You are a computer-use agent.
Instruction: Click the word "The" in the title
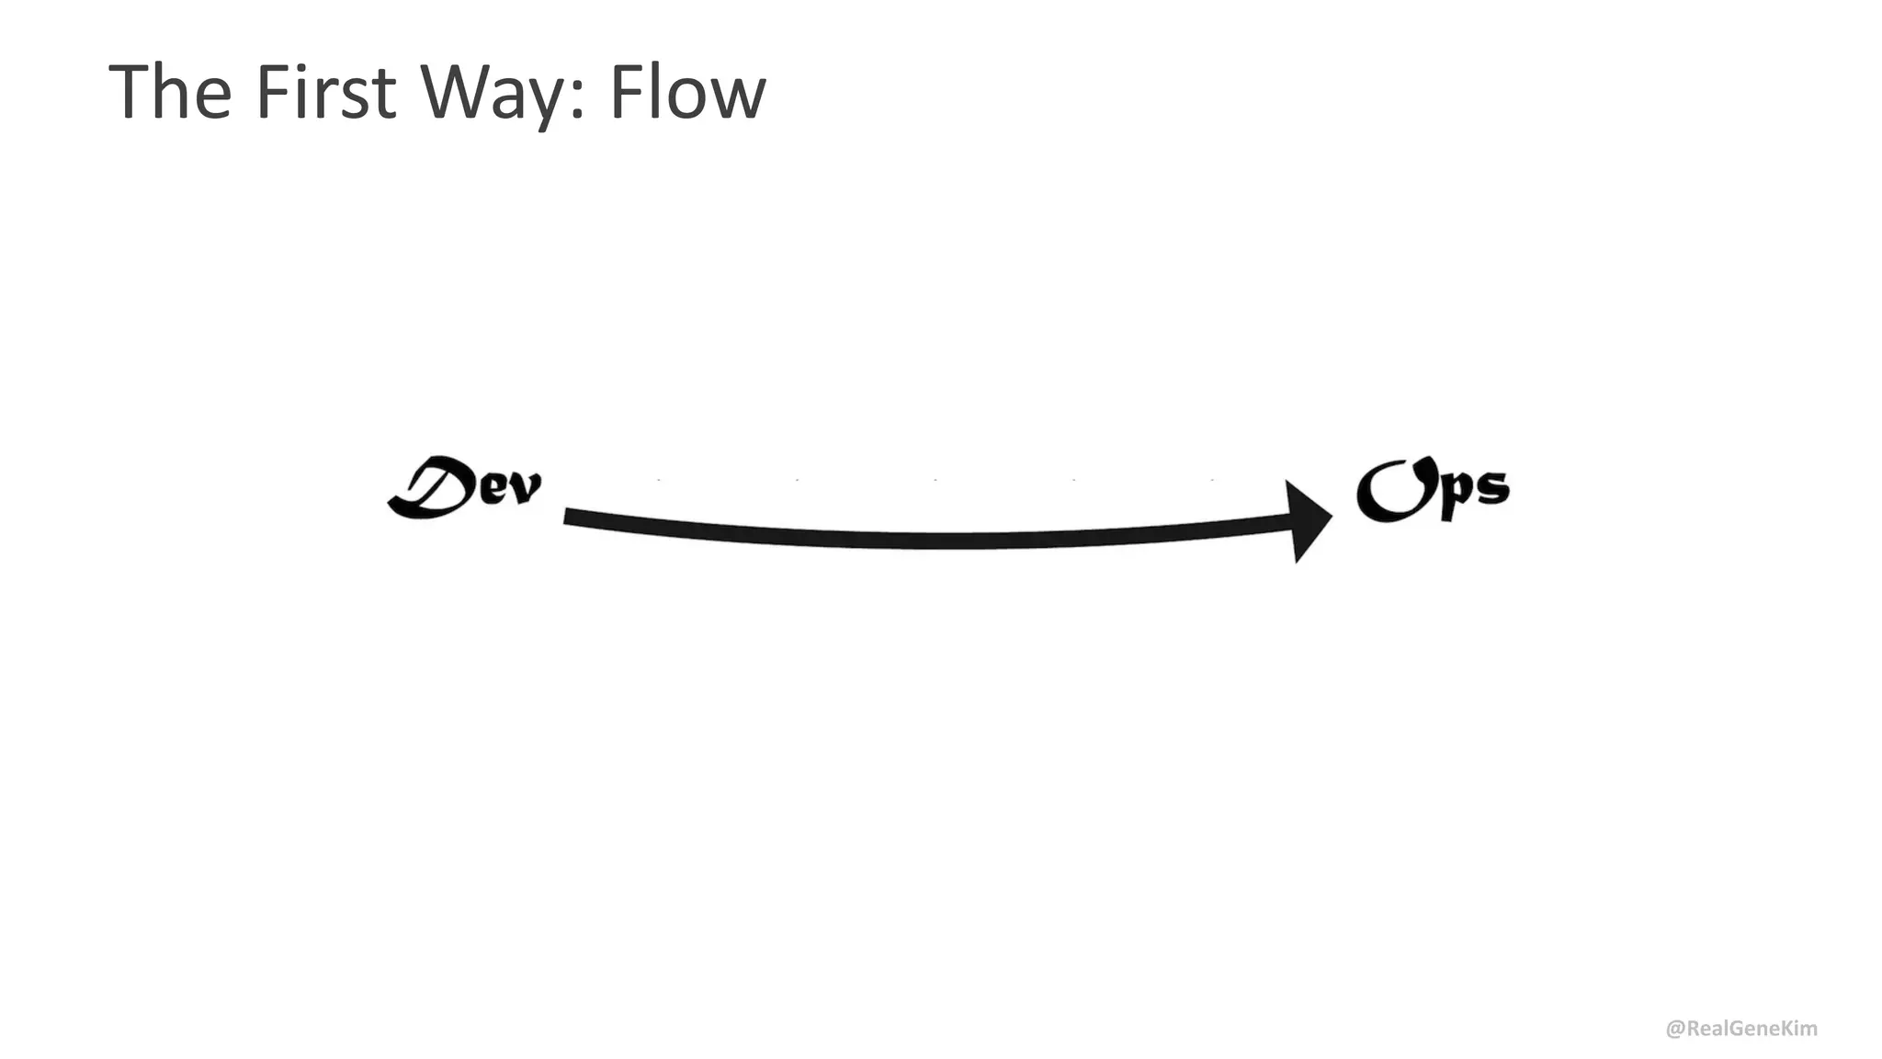(x=170, y=92)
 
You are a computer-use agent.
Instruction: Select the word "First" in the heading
(x=325, y=92)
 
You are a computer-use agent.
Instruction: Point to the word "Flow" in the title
(x=686, y=92)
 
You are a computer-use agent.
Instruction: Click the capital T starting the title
(x=130, y=92)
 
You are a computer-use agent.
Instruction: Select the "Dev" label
(x=465, y=487)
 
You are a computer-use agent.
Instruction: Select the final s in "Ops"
(x=1491, y=488)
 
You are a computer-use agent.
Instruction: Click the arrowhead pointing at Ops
(x=1307, y=520)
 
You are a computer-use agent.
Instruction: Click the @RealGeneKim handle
(x=1741, y=1029)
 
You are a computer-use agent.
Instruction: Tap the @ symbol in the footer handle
(x=1675, y=1029)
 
